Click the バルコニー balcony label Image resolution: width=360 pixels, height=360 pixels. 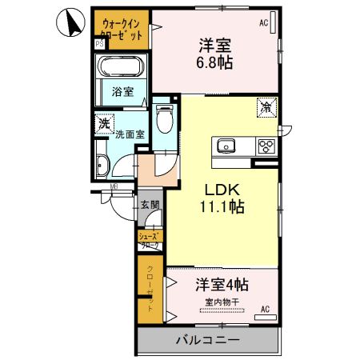click(x=207, y=342)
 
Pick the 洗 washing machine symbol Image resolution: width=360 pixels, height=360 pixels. click(x=102, y=124)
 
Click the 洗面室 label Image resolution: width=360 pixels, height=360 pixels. click(x=128, y=134)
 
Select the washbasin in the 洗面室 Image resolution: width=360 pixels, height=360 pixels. click(x=102, y=166)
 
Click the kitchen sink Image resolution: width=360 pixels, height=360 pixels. click(x=225, y=146)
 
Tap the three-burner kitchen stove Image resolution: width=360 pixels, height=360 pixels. click(x=266, y=146)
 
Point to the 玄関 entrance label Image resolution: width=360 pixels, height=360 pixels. click(x=150, y=205)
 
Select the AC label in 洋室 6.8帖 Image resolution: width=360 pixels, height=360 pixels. click(x=262, y=23)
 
